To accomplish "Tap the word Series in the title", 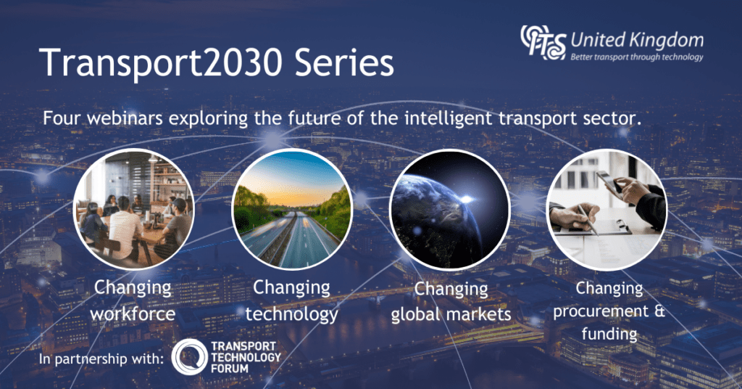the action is [x=344, y=62].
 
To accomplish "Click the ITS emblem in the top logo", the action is [x=543, y=43].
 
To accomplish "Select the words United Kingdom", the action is [x=637, y=41].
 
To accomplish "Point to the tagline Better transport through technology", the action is [x=637, y=57].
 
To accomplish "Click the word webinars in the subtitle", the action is [x=125, y=118].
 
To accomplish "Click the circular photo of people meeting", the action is [x=134, y=209].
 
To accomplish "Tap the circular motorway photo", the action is [x=292, y=209].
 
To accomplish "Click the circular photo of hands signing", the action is [x=607, y=209].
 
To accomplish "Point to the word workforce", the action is [x=133, y=314].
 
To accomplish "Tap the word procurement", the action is [x=601, y=312].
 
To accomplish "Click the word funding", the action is [x=609, y=334].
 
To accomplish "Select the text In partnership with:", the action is [x=101, y=359].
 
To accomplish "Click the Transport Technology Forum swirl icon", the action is [x=189, y=357].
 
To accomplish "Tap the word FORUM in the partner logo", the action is [x=230, y=368].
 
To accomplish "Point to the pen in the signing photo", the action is [x=588, y=220].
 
